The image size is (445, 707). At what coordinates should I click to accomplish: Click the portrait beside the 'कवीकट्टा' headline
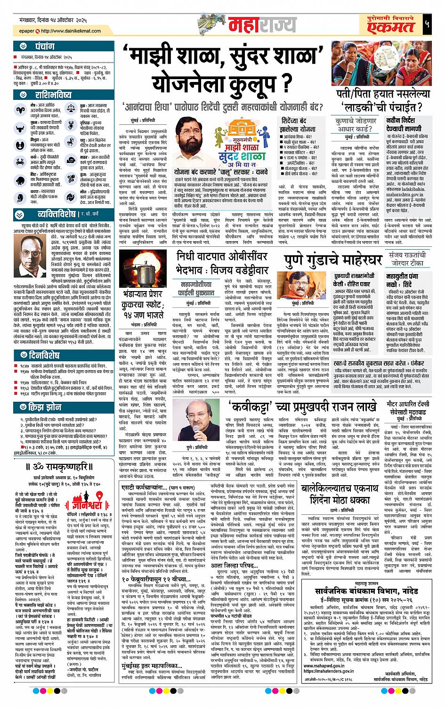(x=200, y=418)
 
